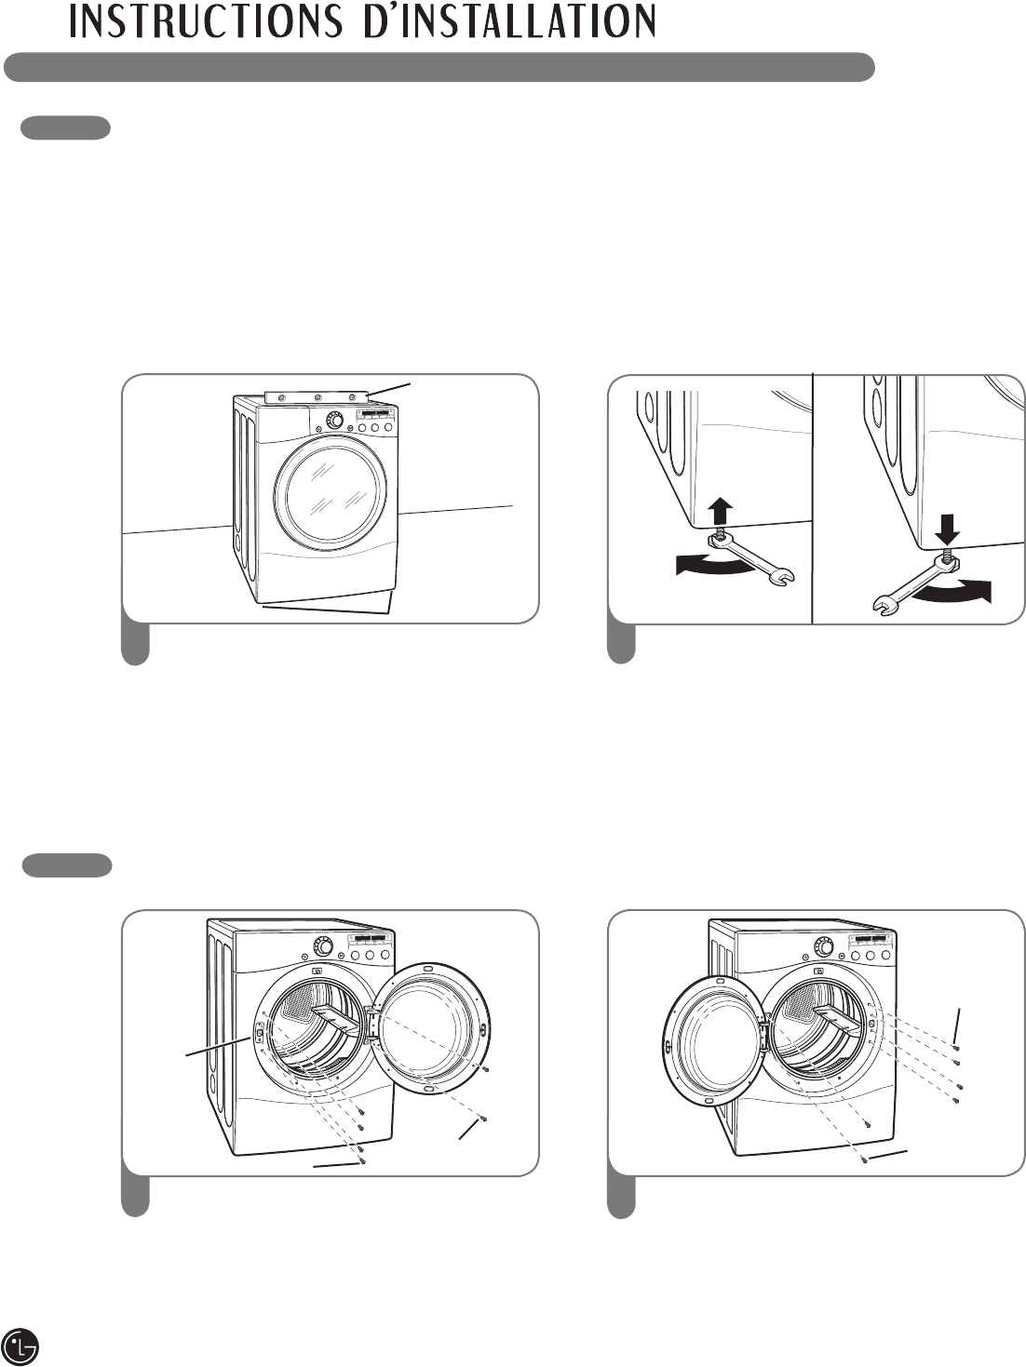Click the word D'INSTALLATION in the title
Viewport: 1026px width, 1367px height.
click(509, 21)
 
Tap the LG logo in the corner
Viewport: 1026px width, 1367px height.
click(22, 1345)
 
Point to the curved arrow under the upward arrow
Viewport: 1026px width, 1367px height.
click(712, 565)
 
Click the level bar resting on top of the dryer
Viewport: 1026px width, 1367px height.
click(317, 396)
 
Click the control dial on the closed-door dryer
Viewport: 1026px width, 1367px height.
click(335, 422)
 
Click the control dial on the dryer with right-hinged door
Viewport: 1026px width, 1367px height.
click(322, 946)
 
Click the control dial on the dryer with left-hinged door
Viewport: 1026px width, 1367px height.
click(823, 945)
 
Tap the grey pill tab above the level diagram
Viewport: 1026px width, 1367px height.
click(66, 128)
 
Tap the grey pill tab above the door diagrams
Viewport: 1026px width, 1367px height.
click(66, 865)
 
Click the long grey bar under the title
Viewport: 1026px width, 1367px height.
click(439, 68)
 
